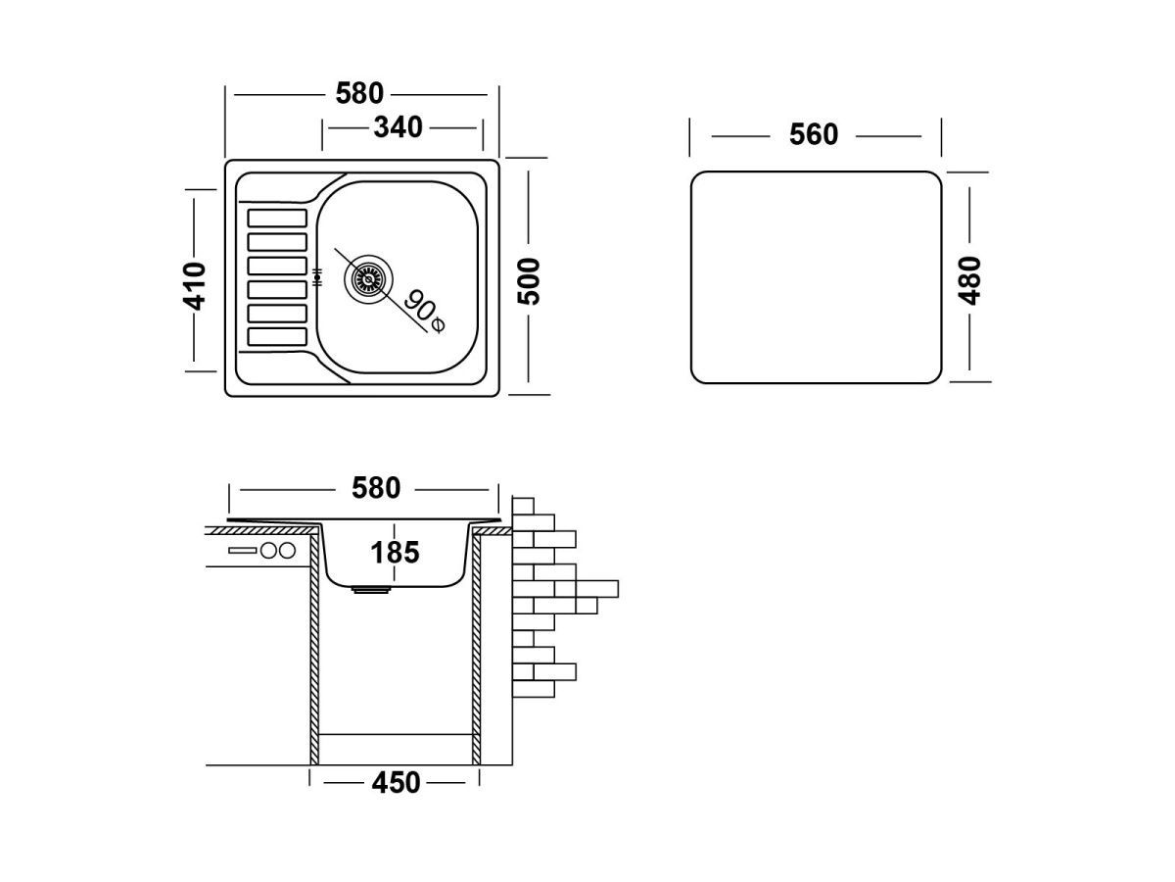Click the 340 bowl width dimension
point(398,127)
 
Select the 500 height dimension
point(529,281)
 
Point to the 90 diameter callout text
point(417,306)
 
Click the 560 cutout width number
point(814,135)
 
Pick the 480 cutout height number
point(969,280)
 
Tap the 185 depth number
point(395,553)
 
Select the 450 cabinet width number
point(395,783)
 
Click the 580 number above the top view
point(359,94)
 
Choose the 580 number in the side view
point(375,488)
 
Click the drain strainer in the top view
point(367,278)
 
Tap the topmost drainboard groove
point(278,218)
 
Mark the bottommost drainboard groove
point(278,335)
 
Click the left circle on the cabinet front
point(267,551)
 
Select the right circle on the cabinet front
point(285,551)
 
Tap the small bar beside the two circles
point(241,551)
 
